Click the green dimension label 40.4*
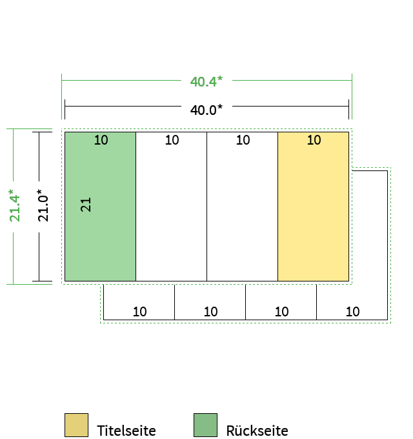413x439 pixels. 206,81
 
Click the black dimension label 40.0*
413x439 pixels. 206,110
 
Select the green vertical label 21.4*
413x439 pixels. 15,205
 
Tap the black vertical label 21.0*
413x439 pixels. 43,205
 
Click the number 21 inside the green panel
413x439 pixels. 86,205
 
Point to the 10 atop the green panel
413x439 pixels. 101,140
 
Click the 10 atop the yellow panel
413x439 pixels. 314,140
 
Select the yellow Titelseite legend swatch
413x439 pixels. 76,425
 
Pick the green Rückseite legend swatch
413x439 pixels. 205,425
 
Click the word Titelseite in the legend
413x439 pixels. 126,431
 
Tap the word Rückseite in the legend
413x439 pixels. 257,431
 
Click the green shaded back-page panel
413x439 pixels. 100,207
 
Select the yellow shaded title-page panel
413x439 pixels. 314,207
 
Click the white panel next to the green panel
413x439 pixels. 171,207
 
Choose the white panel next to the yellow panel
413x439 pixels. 243,207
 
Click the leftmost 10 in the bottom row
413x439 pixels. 139,312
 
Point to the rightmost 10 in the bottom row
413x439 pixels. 352,312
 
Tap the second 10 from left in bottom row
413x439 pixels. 211,312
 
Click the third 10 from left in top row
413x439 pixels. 243,140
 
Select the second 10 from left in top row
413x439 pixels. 172,140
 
